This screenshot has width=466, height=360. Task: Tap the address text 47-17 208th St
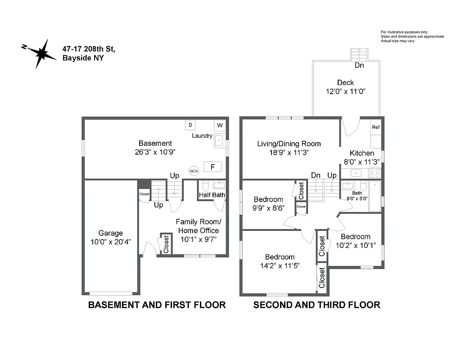[x=89, y=49]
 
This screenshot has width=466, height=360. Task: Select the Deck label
[x=345, y=82]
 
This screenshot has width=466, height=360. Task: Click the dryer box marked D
[x=190, y=125]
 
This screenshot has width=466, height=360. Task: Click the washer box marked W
[x=220, y=125]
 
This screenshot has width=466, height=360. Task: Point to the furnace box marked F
[x=213, y=167]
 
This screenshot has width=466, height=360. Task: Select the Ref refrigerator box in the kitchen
[x=376, y=127]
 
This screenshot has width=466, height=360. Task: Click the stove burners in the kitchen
[x=375, y=173]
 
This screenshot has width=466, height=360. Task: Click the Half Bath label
[x=212, y=195]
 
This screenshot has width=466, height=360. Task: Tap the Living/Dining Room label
[x=289, y=144]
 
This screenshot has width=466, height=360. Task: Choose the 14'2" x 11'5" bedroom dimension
[x=280, y=265]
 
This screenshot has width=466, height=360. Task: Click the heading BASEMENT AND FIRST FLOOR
[x=157, y=305]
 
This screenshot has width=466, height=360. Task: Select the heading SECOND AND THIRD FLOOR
[x=317, y=305]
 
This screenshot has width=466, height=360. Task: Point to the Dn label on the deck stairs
[x=359, y=65]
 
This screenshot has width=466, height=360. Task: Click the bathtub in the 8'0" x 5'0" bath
[x=375, y=196]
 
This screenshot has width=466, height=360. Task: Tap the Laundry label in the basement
[x=202, y=135]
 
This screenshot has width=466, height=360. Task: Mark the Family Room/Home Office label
[x=199, y=226]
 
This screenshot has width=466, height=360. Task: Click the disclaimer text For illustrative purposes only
[x=404, y=32]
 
